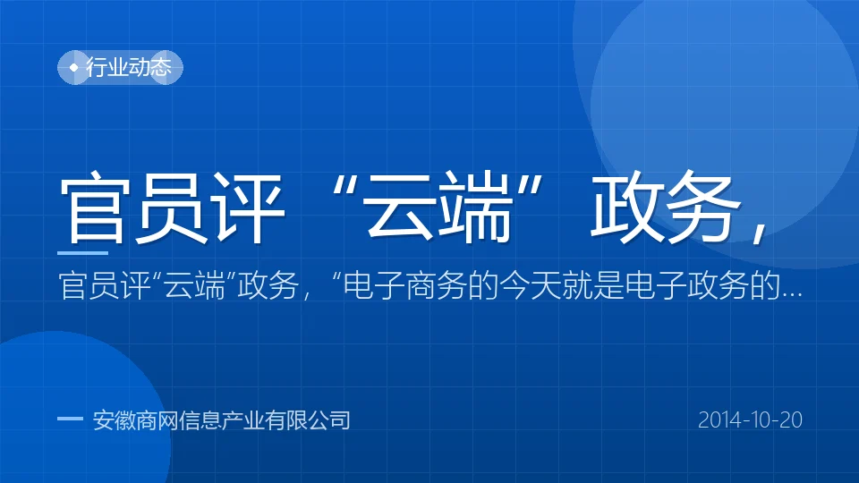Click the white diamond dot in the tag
coord(74,67)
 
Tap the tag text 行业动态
coord(129,67)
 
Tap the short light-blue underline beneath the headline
coord(82,253)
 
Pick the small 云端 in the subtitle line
coord(194,286)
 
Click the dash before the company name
coord(70,419)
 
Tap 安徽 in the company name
coord(114,420)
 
